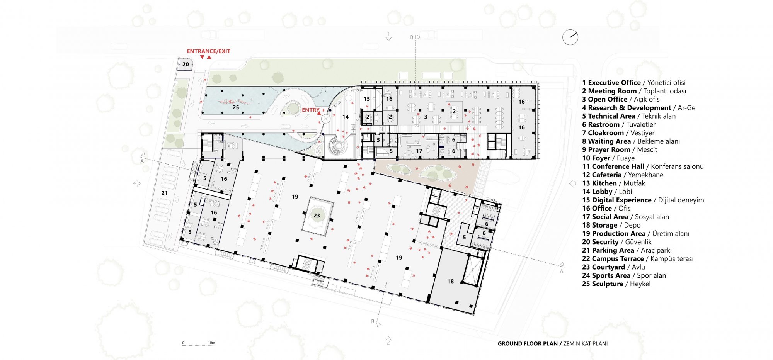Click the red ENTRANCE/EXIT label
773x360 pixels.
208,51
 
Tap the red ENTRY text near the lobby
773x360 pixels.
311,110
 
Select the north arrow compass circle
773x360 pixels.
570,37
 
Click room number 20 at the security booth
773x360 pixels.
186,65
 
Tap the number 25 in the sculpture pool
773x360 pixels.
236,107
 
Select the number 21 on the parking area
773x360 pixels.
165,193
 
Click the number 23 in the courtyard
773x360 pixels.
317,216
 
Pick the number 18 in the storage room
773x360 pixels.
450,281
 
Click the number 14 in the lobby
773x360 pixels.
346,117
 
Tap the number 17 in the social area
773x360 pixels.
419,151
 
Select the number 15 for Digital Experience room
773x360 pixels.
367,99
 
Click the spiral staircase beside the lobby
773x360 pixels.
339,146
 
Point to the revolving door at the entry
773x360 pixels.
326,118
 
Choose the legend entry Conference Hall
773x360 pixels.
643,166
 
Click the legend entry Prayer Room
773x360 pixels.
620,149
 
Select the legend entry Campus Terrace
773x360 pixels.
638,259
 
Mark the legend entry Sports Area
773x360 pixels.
625,275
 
